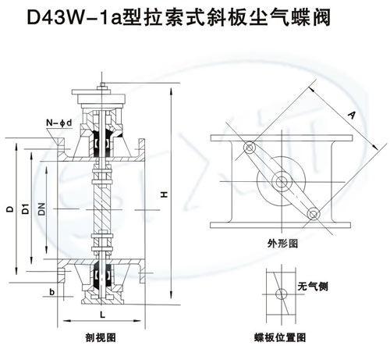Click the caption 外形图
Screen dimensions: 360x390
[x=282, y=244]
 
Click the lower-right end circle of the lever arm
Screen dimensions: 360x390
[x=312, y=211]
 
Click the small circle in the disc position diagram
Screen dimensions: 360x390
[x=279, y=292]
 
